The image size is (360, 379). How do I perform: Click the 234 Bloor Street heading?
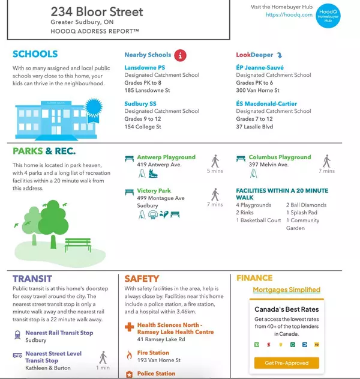[97, 12]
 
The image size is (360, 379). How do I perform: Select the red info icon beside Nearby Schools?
[180, 55]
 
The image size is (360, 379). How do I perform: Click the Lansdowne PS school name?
[145, 68]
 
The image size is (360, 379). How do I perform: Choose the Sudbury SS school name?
[140, 103]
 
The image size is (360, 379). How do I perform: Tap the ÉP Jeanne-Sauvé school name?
[260, 68]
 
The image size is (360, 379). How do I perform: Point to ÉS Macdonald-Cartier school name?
[266, 103]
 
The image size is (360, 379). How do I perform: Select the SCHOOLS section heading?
[35, 54]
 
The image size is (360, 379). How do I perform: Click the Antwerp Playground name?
[166, 157]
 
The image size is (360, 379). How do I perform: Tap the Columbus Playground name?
[280, 157]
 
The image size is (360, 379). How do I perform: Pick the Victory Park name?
[154, 191]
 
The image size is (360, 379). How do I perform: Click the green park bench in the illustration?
[77, 243]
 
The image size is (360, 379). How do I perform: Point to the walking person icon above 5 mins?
[215, 160]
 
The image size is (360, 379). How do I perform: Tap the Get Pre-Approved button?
[283, 363]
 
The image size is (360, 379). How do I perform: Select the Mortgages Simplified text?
[286, 290]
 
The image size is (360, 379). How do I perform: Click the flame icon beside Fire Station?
[128, 355]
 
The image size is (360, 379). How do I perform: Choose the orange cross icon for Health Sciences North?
[128, 328]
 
